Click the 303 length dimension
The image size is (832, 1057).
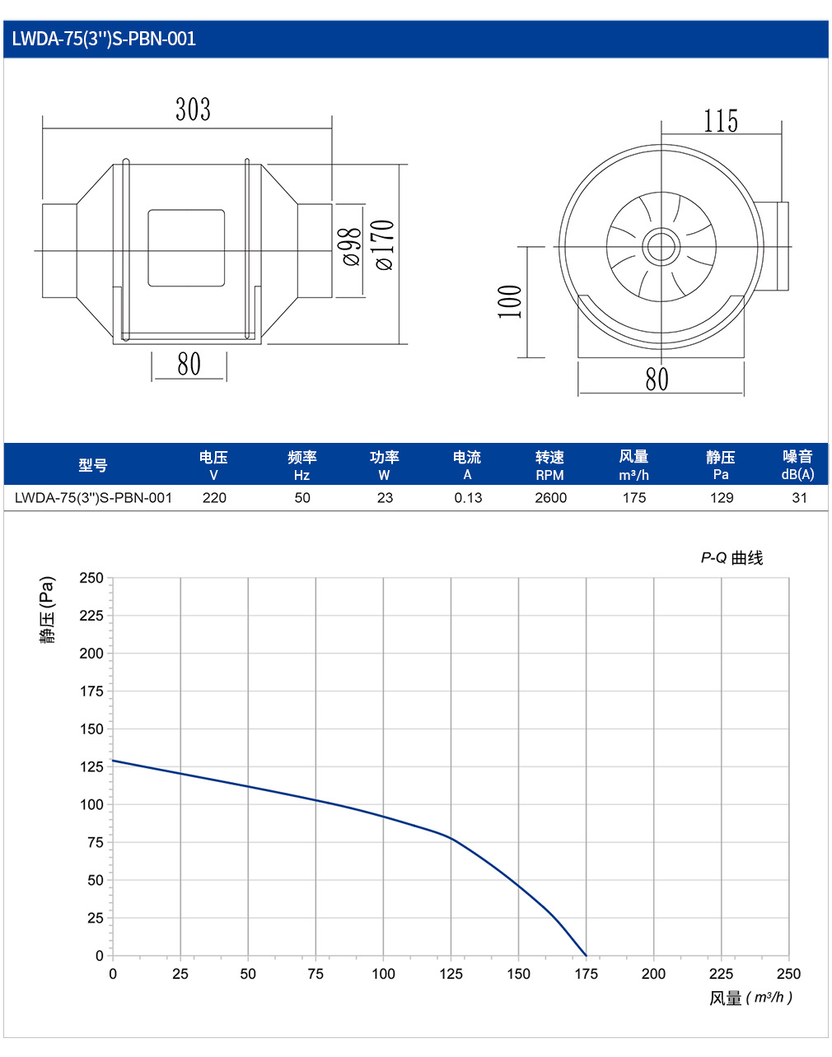[x=193, y=109]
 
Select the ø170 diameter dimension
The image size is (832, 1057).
[x=385, y=244]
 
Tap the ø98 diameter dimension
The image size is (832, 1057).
[x=352, y=247]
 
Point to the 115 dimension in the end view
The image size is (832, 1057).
[x=721, y=121]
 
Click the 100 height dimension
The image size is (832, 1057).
[x=510, y=301]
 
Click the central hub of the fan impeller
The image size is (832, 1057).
[x=661, y=247]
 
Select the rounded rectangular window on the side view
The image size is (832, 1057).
[x=186, y=248]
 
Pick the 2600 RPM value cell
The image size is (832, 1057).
[x=550, y=497]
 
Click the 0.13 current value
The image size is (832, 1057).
[x=468, y=497]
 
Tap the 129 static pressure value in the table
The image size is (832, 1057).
[x=722, y=497]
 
